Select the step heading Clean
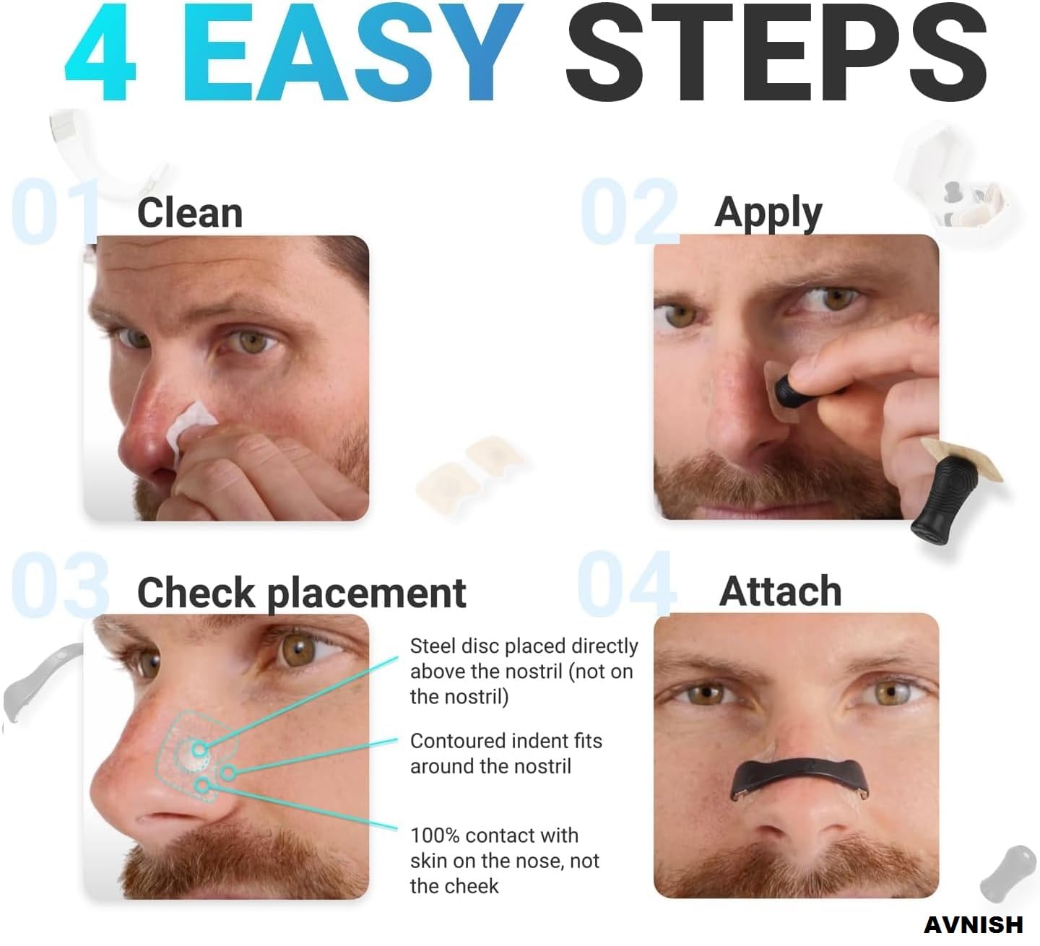[190, 213]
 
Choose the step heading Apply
[768, 214]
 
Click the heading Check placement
[302, 593]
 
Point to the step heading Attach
[780, 591]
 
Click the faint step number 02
[630, 210]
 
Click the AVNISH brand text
[973, 925]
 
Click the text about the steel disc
[524, 672]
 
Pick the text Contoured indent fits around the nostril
[506, 753]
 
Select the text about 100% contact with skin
[504, 861]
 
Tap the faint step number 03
[60, 585]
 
